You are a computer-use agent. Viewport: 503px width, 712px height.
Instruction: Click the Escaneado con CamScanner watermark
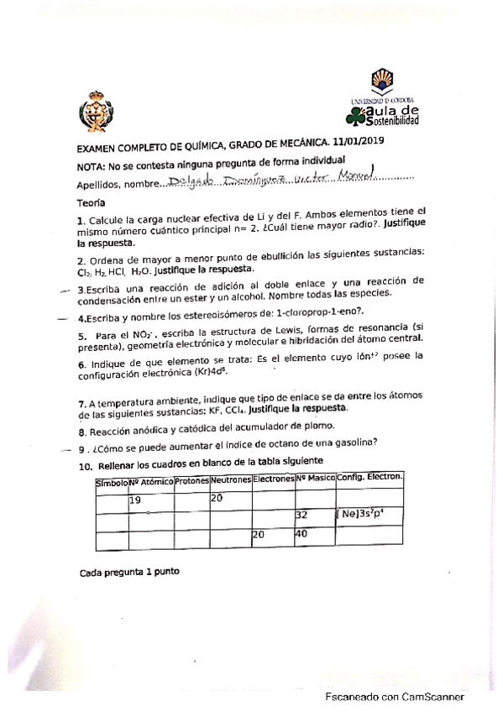(x=395, y=697)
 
